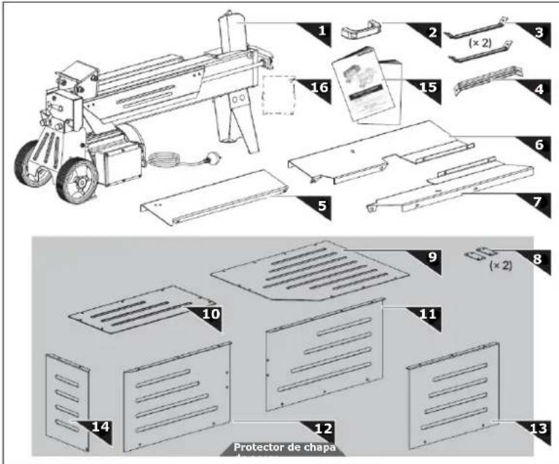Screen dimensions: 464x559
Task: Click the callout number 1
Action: (x=319, y=31)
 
